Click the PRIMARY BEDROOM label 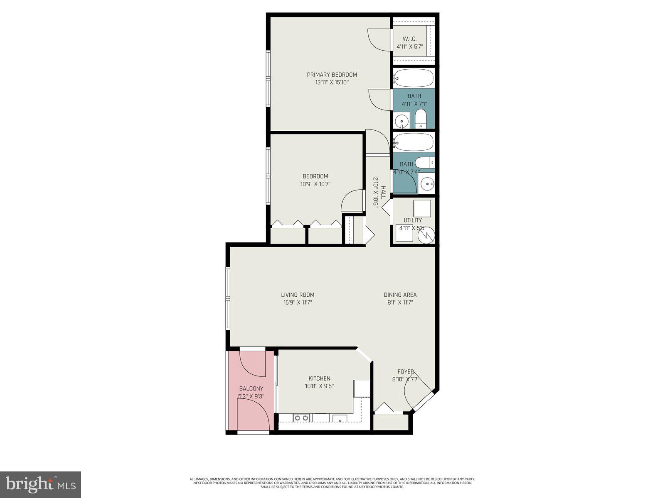click(332, 75)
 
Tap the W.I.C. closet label click(409, 39)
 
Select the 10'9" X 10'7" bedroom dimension click(315, 184)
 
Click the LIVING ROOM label click(298, 295)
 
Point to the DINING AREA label click(400, 295)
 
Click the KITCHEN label click(319, 378)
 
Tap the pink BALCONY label click(251, 388)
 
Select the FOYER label click(406, 371)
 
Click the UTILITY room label click(413, 220)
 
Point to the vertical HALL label click(383, 192)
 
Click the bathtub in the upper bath click(414, 78)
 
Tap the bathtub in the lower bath click(414, 142)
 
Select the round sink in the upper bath click(401, 122)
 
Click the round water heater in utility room click(426, 235)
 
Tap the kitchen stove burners click(301, 418)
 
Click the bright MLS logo click(40, 484)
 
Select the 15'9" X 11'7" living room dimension click(298, 303)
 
